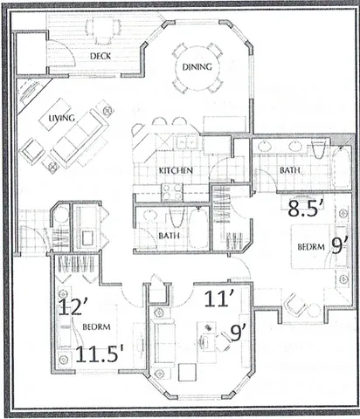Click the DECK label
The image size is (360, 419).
[100, 56]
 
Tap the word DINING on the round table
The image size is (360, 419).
[197, 67]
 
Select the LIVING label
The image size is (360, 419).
[61, 118]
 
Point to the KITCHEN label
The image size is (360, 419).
[176, 170]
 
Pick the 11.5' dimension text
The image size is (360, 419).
[100, 354]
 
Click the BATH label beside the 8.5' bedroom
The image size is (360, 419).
[290, 170]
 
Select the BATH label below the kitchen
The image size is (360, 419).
[169, 235]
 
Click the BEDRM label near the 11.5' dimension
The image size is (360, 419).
[96, 326]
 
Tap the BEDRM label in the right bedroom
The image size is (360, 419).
[311, 247]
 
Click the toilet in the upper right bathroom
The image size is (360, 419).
[319, 149]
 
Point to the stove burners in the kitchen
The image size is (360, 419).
[171, 192]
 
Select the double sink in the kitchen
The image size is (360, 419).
[186, 142]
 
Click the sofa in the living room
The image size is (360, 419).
[78, 138]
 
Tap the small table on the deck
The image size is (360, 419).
[103, 29]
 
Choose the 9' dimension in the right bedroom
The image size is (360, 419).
[339, 247]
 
